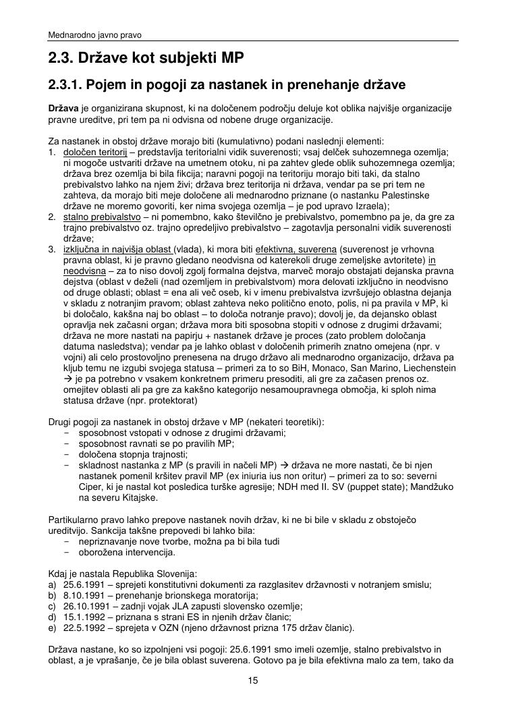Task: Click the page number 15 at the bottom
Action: pyautogui.click(x=253, y=680)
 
